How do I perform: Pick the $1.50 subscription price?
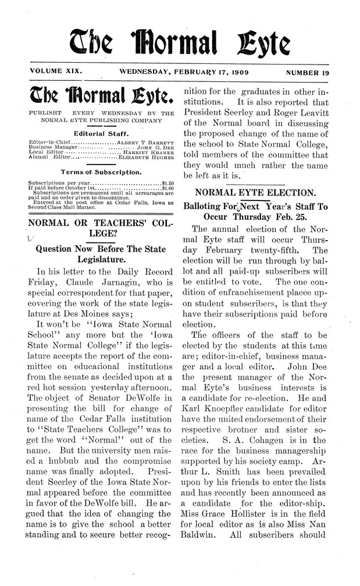coord(167,182)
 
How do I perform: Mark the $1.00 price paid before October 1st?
coord(167,187)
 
